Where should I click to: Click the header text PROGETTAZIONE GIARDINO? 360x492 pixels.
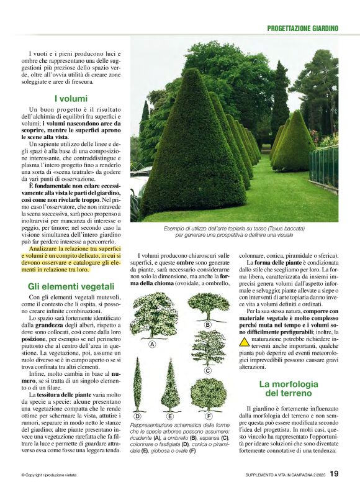302,28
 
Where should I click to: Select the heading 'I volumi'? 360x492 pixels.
70,98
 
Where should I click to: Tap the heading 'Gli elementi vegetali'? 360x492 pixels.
71,286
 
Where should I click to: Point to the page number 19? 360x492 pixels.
334,475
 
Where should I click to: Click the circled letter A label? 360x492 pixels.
151,344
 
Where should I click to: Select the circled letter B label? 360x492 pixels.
207,324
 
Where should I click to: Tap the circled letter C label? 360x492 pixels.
207,370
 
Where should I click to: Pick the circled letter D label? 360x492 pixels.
137,416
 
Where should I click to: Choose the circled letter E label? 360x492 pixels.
170,416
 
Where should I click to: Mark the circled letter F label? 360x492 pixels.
209,416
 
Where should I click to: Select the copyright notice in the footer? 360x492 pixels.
49,475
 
